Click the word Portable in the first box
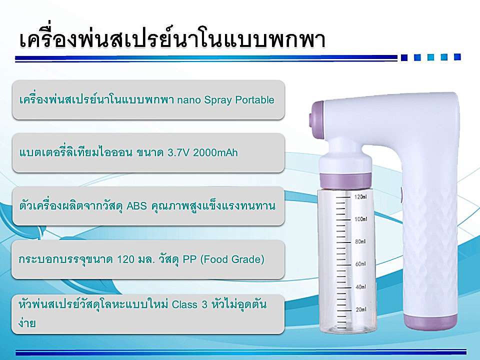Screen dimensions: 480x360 254,100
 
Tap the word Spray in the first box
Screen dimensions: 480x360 217,100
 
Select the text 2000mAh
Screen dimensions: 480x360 215,152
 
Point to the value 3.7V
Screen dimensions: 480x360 178,152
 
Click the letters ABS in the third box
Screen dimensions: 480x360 137,205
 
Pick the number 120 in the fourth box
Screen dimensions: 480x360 126,259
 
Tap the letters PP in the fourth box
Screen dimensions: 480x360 189,259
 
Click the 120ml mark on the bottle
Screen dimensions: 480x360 360,197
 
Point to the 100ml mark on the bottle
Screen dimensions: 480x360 361,219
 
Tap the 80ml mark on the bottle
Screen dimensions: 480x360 360,241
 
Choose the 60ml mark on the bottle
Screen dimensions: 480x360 360,264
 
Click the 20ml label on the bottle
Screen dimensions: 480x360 361,309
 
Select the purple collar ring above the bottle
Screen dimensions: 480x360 346,180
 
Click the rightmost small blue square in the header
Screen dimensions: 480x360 457,57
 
